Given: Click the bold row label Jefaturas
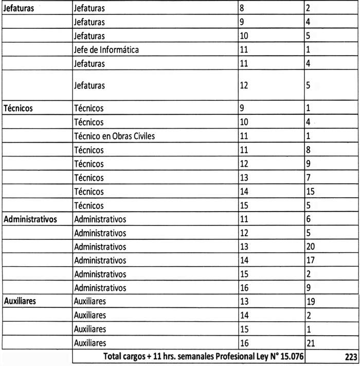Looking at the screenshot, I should coord(19,9).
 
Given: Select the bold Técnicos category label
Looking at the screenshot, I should coord(19,109).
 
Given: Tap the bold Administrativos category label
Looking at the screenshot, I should coord(30,219).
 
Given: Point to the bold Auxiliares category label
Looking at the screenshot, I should coord(20,301).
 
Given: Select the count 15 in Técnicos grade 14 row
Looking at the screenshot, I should coord(310,191).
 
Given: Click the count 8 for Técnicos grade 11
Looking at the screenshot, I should coord(308,150).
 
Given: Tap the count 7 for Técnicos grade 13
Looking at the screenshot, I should coord(308,178).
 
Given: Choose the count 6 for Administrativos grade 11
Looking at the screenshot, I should coord(308,219).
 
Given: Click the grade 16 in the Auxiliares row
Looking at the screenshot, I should coord(244,343).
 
